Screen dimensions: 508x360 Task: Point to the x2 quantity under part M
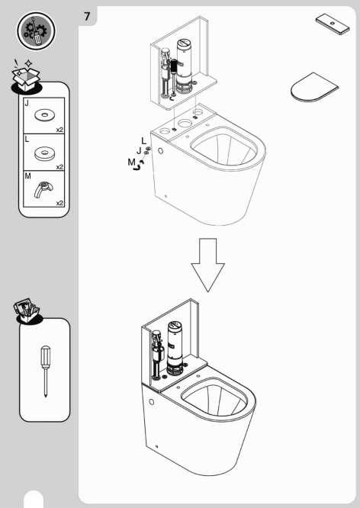pyautogui.click(x=59, y=203)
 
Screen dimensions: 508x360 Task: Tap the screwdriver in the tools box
pyautogui.click(x=45, y=371)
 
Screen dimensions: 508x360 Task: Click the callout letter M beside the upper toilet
pyautogui.click(x=131, y=162)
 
